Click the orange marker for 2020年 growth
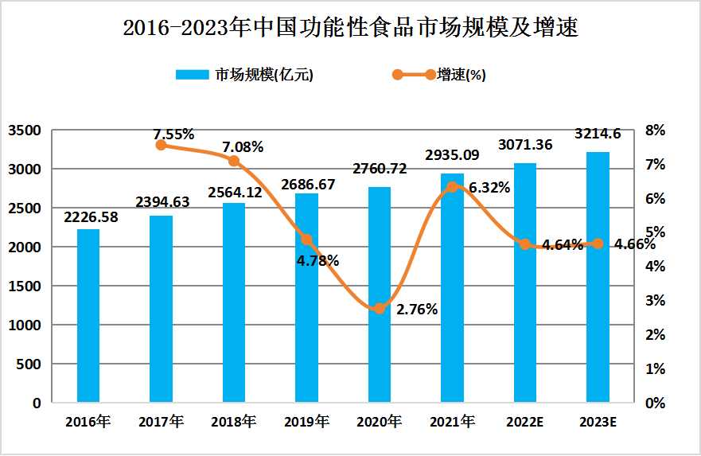(x=380, y=309)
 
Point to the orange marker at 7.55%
(x=161, y=145)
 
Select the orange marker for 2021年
(x=452, y=187)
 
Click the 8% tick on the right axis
(x=654, y=130)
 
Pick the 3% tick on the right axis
(x=654, y=301)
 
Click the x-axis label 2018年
(x=233, y=422)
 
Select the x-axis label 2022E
(x=524, y=422)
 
